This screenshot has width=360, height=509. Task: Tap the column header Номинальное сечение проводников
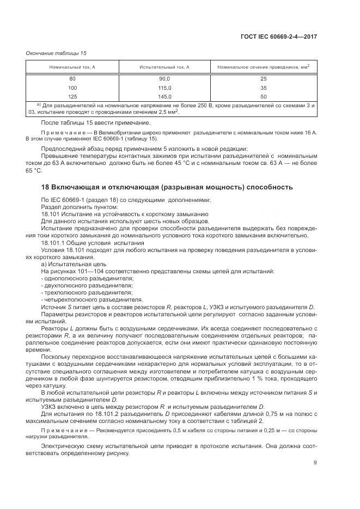(x=263, y=66)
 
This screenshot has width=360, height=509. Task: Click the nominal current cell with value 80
(x=72, y=78)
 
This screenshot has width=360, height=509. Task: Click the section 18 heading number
(x=46, y=187)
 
